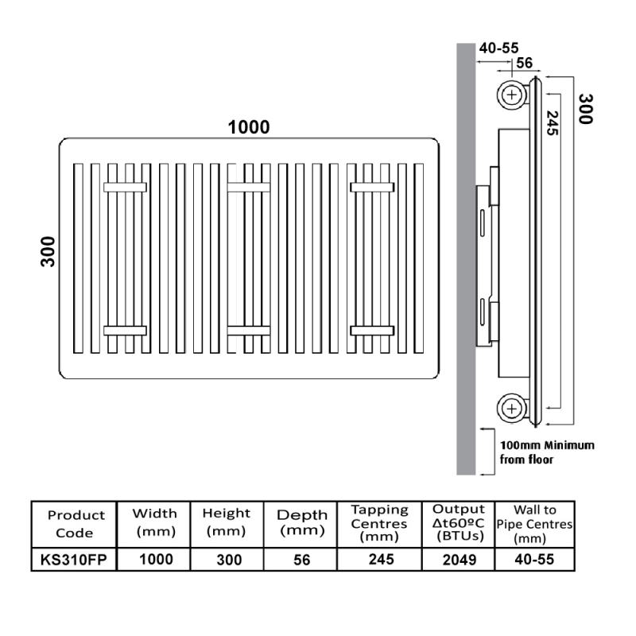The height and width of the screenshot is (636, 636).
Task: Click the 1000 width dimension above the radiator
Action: (249, 127)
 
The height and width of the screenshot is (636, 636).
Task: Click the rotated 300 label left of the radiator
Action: (48, 251)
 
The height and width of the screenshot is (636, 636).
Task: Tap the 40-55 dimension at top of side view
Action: (498, 48)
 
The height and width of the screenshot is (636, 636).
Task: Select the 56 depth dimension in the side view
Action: (525, 63)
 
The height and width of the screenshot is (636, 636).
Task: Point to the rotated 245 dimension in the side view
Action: (553, 123)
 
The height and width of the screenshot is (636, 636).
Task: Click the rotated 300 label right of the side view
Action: (586, 109)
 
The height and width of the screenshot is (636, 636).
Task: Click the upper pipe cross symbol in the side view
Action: (512, 95)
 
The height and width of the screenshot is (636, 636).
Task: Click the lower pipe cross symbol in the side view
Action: (512, 409)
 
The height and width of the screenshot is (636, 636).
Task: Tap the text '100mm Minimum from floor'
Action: (547, 452)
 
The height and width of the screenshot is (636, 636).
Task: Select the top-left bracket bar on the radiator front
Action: (125, 187)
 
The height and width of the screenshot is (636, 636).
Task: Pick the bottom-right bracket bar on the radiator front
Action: (372, 331)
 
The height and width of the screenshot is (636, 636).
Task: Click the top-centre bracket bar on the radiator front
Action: (249, 187)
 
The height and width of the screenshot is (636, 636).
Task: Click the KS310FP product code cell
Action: (74, 560)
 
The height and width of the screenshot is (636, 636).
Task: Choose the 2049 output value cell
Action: (460, 560)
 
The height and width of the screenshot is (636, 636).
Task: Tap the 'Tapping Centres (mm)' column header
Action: (379, 523)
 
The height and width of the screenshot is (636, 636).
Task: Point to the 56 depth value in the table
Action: (302, 560)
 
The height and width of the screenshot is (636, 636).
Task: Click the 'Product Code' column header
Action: (76, 524)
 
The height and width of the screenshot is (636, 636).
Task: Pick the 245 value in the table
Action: (382, 560)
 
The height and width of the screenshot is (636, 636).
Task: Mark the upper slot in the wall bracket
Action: (483, 223)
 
